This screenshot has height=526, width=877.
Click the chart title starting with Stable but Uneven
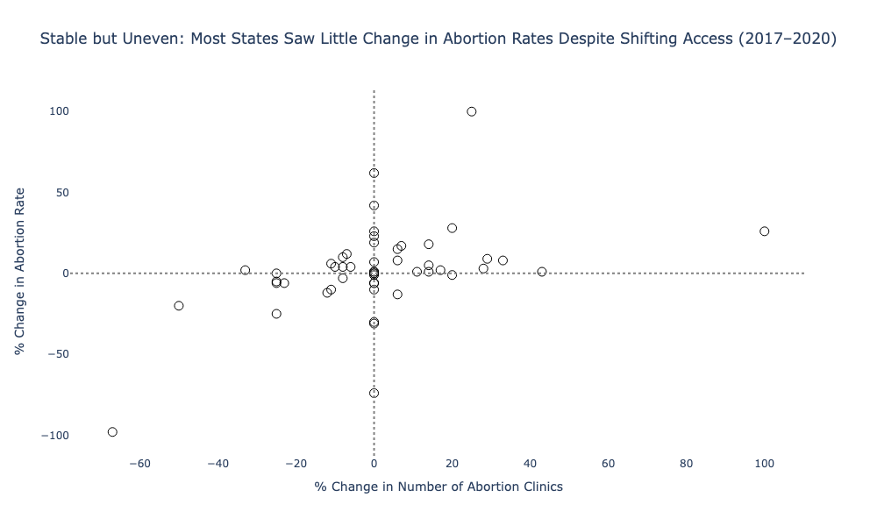[x=438, y=39]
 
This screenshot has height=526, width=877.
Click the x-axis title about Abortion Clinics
[x=438, y=487]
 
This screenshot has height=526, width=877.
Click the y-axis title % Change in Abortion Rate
[x=19, y=272]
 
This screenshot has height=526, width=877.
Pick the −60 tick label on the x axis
[x=139, y=464]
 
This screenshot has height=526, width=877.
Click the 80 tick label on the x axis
[x=686, y=464]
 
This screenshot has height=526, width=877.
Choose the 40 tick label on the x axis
[x=530, y=464]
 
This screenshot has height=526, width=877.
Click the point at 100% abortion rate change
[x=472, y=111]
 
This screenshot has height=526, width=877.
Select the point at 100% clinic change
[x=764, y=231]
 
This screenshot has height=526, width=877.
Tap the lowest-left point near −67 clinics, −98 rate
[x=112, y=432]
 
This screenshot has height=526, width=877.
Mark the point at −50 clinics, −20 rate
[x=179, y=306]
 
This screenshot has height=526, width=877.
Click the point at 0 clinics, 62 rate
[x=374, y=173]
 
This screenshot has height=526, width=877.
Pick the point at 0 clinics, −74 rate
[x=374, y=393]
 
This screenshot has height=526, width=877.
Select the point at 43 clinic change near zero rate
[x=542, y=272]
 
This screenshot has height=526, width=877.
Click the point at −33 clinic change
[x=246, y=270]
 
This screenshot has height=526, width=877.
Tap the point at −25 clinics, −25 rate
[x=276, y=314]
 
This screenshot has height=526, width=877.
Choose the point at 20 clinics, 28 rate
[x=452, y=228]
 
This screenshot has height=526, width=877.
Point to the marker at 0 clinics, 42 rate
[x=374, y=205]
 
